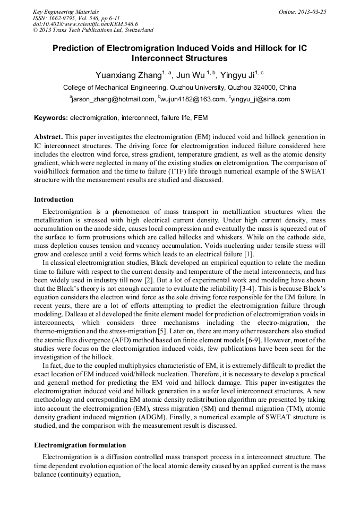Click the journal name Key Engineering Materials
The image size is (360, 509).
[x=66, y=12]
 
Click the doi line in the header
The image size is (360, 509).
[x=85, y=24]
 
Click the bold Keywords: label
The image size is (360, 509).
[x=51, y=117]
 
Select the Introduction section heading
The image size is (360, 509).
[x=54, y=200]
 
